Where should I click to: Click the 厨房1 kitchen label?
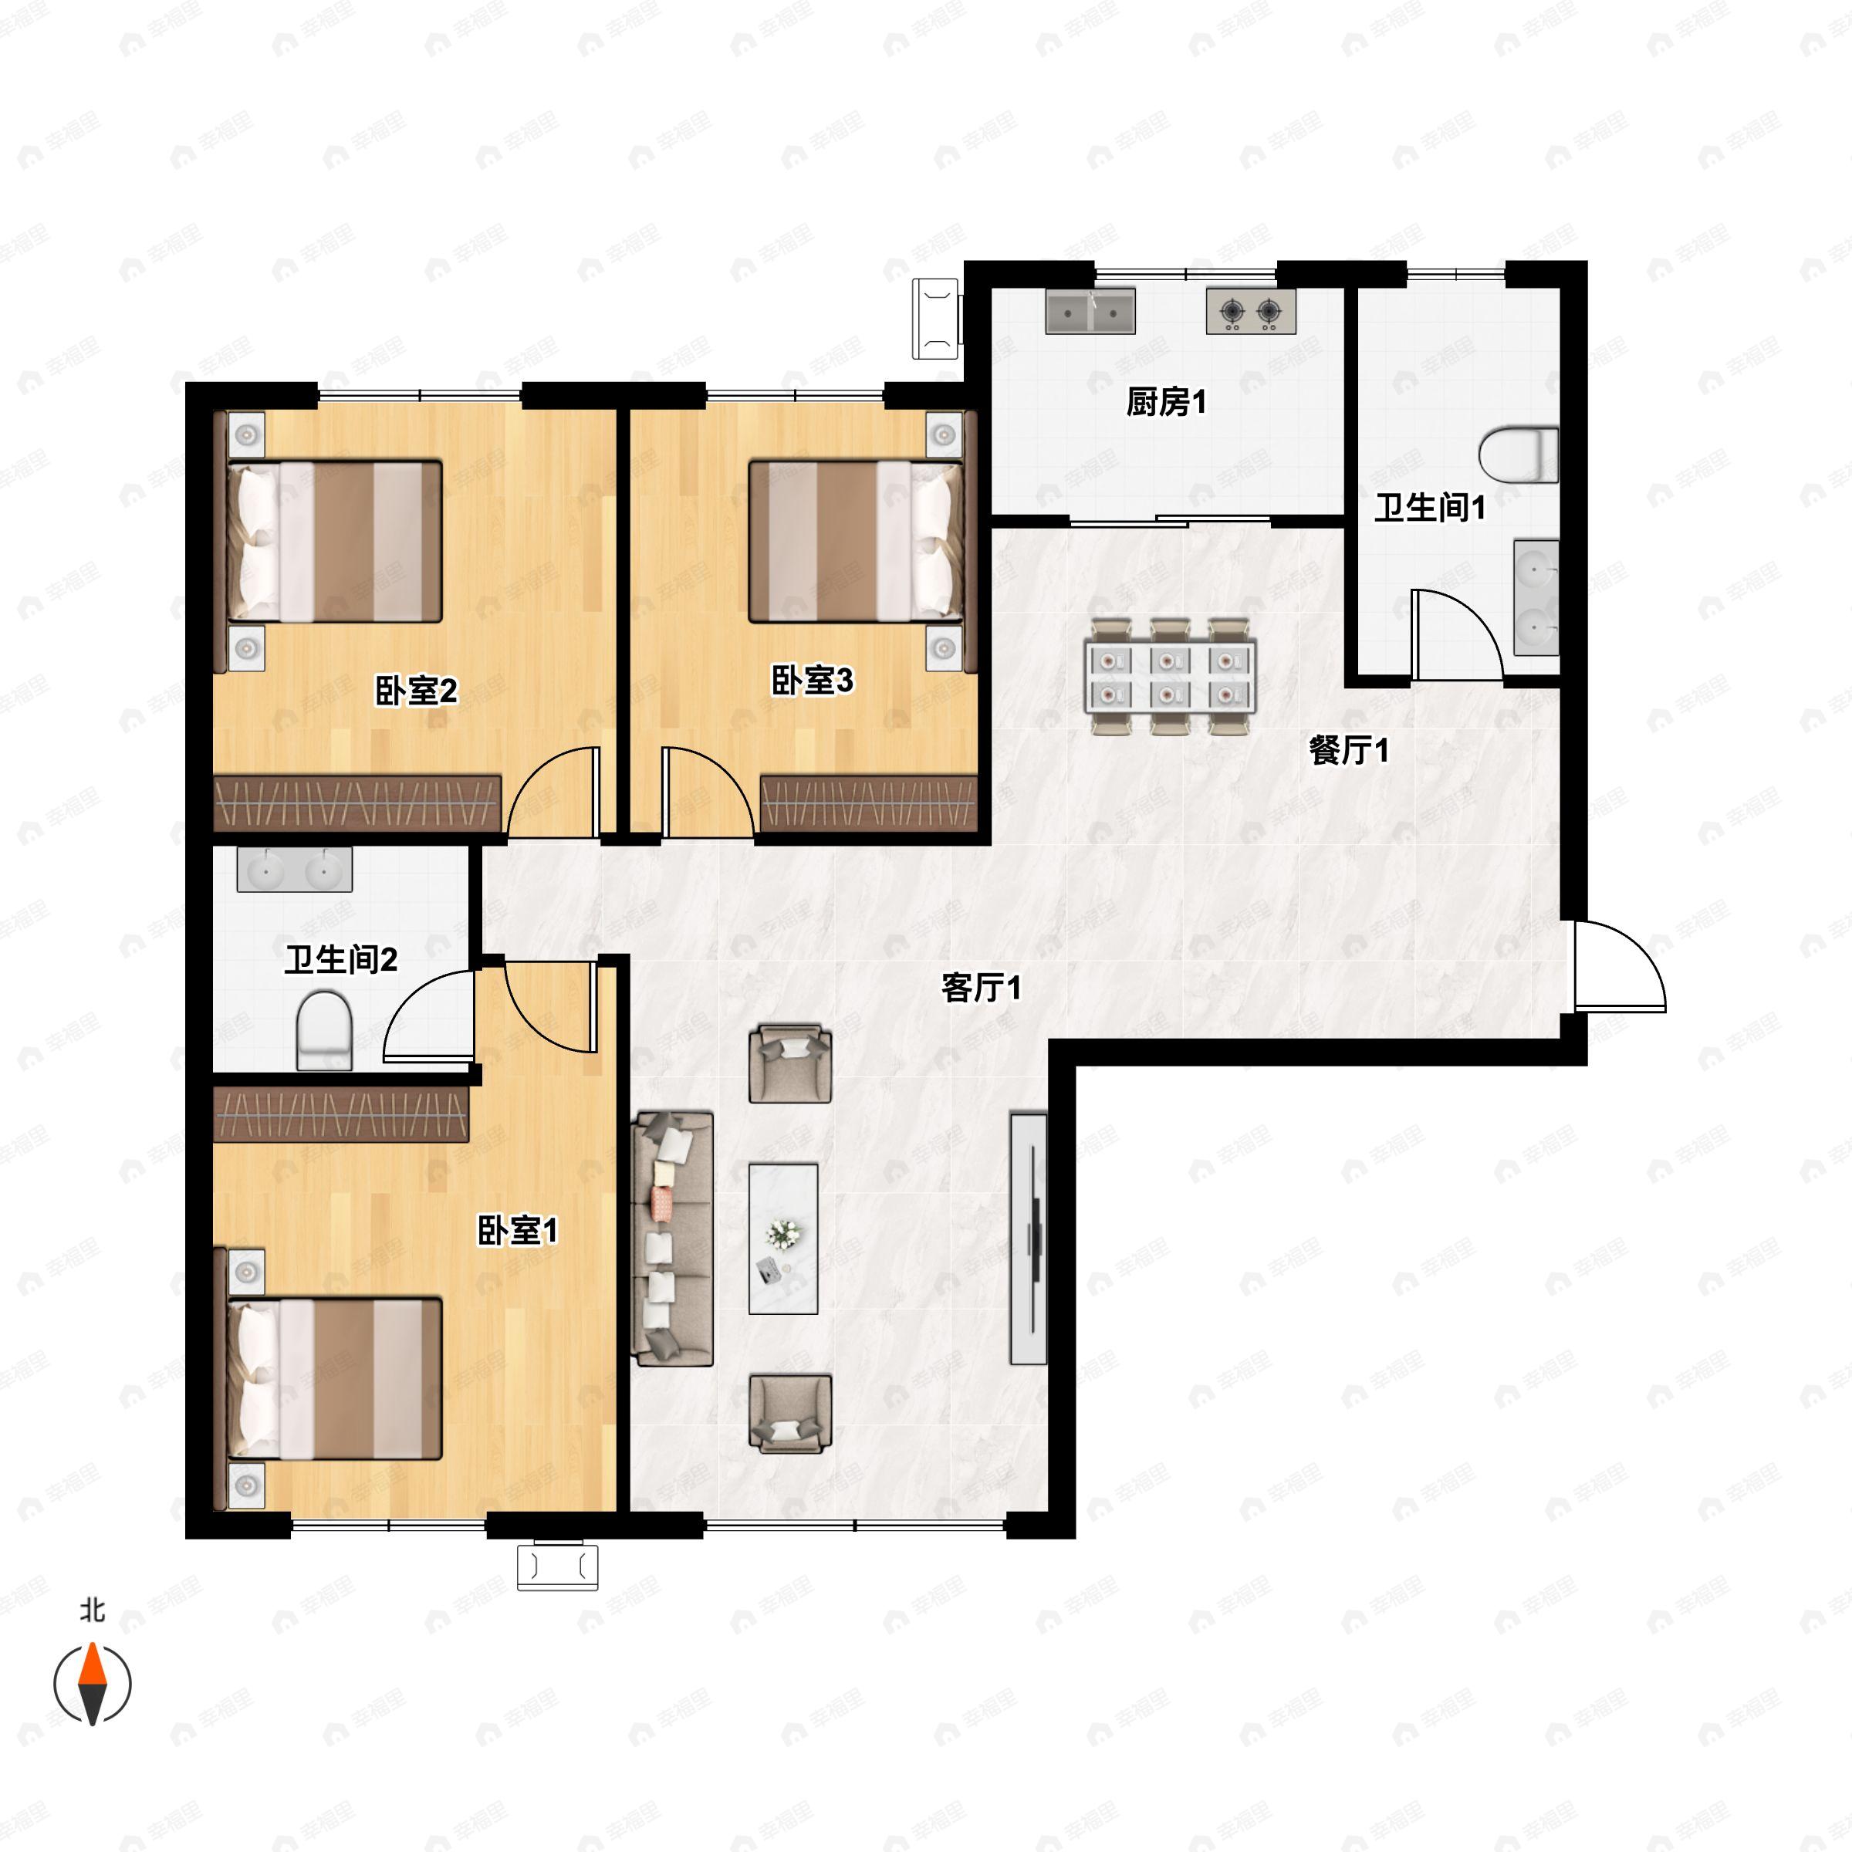(x=1166, y=403)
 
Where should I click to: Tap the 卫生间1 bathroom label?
(x=1429, y=507)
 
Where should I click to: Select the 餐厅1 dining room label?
(x=1348, y=751)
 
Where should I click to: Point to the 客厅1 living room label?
(x=981, y=988)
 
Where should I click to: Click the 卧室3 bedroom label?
(x=812, y=681)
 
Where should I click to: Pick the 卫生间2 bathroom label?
(x=340, y=958)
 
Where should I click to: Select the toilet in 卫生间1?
(x=1519, y=455)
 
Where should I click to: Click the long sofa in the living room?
(x=673, y=1239)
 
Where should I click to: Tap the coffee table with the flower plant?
(x=783, y=1239)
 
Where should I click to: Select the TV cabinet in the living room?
(x=1029, y=1238)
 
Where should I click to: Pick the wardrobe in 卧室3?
(x=868, y=803)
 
